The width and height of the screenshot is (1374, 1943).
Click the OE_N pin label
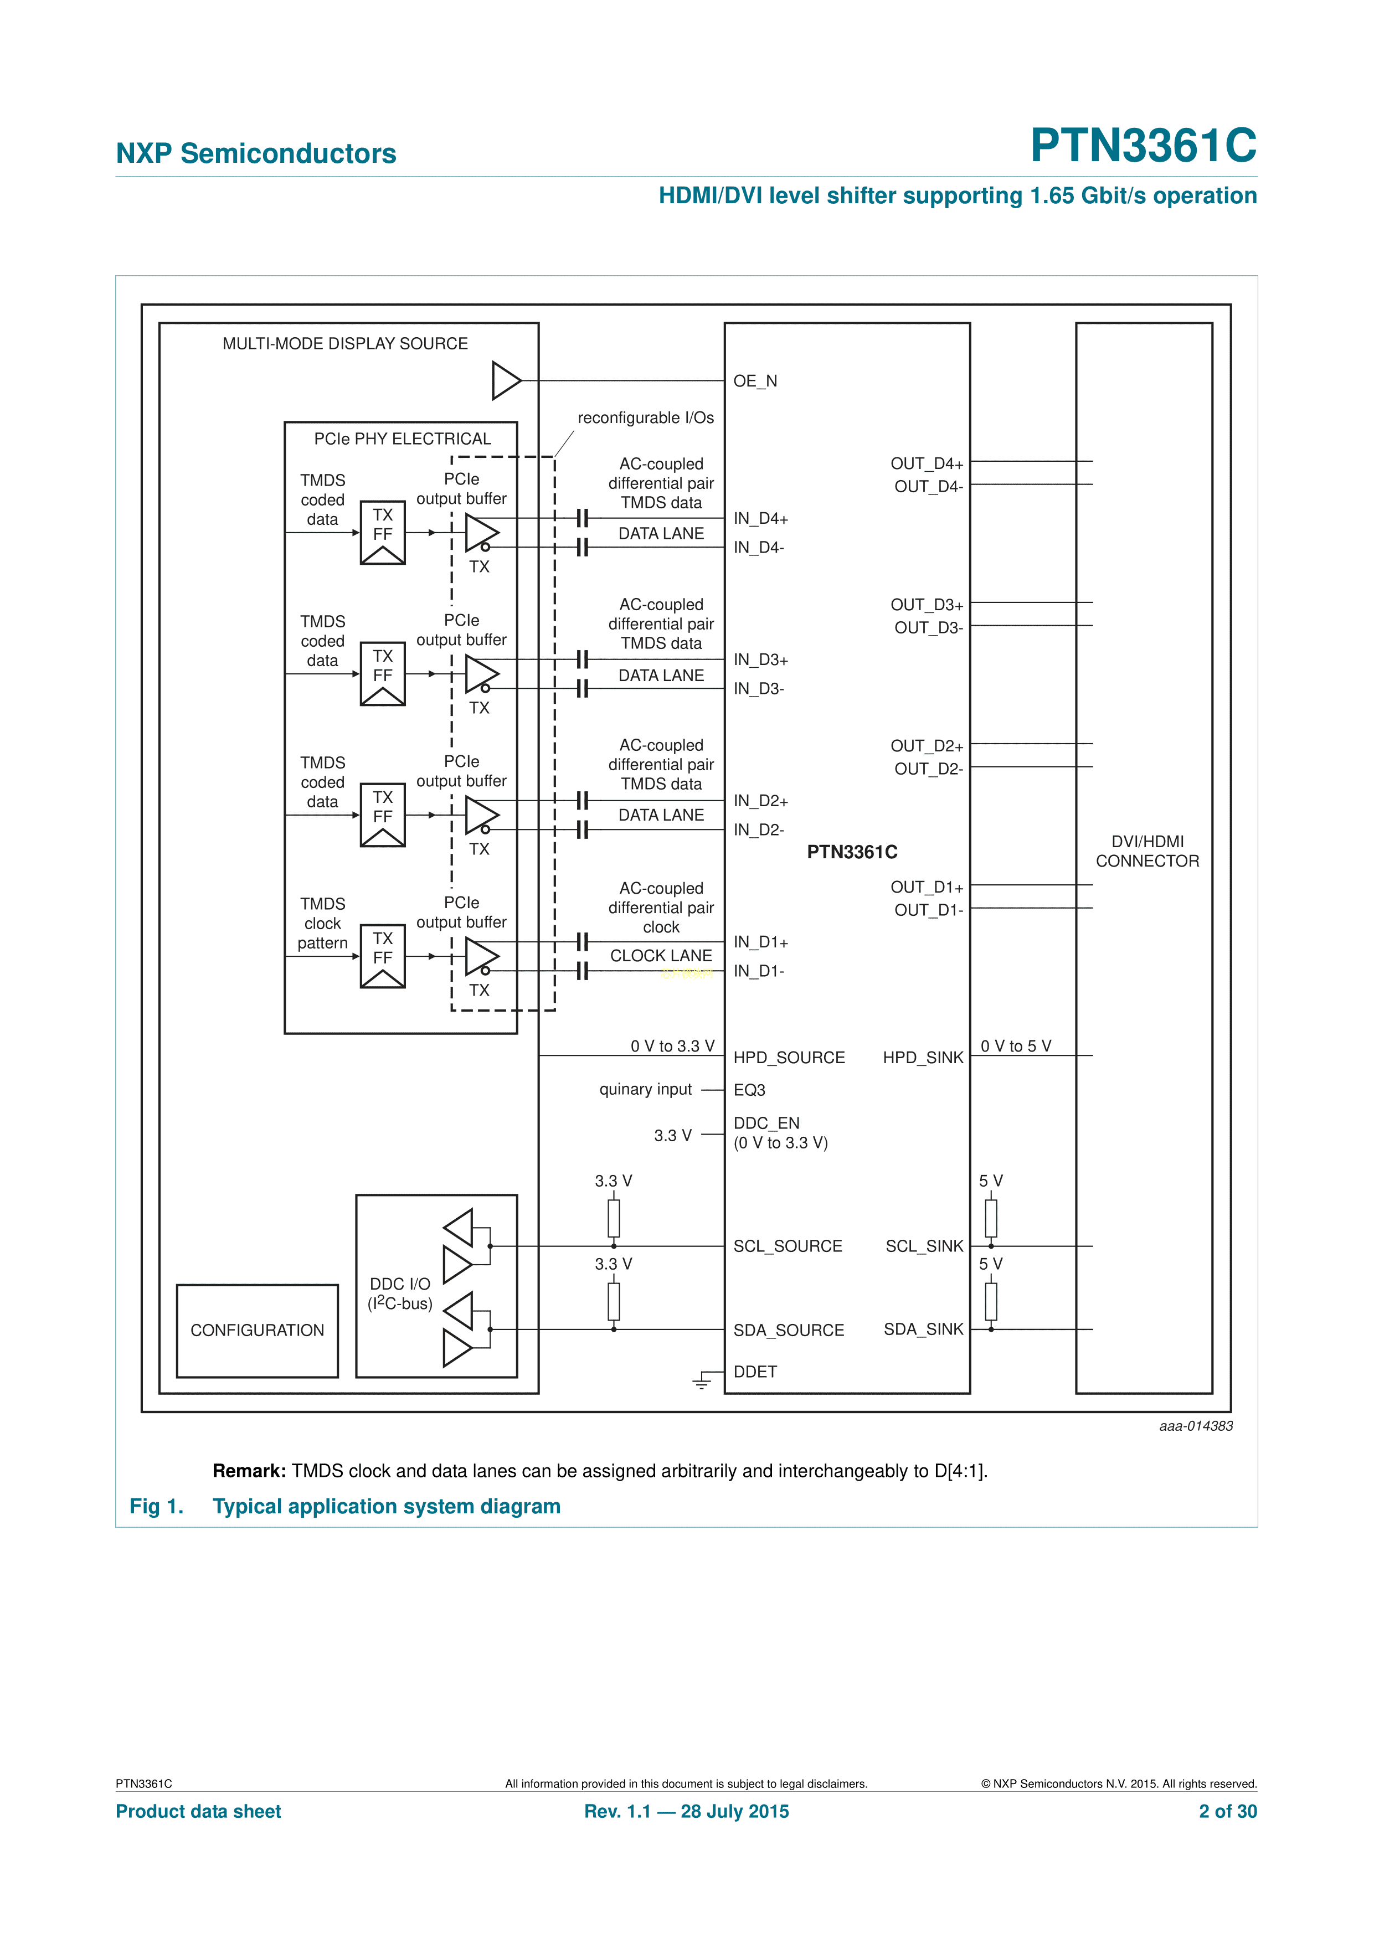pyautogui.click(x=755, y=382)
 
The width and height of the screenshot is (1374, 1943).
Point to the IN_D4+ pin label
pyautogui.click(x=760, y=519)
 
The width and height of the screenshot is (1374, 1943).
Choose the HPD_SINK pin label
pyautogui.click(x=923, y=1058)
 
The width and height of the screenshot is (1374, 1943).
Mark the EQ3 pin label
pyautogui.click(x=749, y=1091)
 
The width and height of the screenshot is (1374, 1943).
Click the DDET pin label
pyautogui.click(x=755, y=1372)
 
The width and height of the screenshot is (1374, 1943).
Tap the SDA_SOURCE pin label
pyautogui.click(x=788, y=1331)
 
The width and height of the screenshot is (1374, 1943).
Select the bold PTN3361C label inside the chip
pyautogui.click(x=852, y=852)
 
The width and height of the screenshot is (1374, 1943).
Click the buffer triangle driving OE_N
pyautogui.click(x=506, y=381)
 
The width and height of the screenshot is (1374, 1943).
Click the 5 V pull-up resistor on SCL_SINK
pyautogui.click(x=991, y=1219)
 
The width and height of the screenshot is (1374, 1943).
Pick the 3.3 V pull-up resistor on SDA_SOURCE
pyautogui.click(x=614, y=1302)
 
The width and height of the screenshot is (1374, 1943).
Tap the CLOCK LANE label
pyautogui.click(x=661, y=956)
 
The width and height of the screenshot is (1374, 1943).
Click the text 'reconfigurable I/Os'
pyautogui.click(x=645, y=418)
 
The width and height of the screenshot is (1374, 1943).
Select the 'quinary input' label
pyautogui.click(x=645, y=1090)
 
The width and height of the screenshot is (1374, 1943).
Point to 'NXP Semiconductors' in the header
pyautogui.click(x=256, y=153)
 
